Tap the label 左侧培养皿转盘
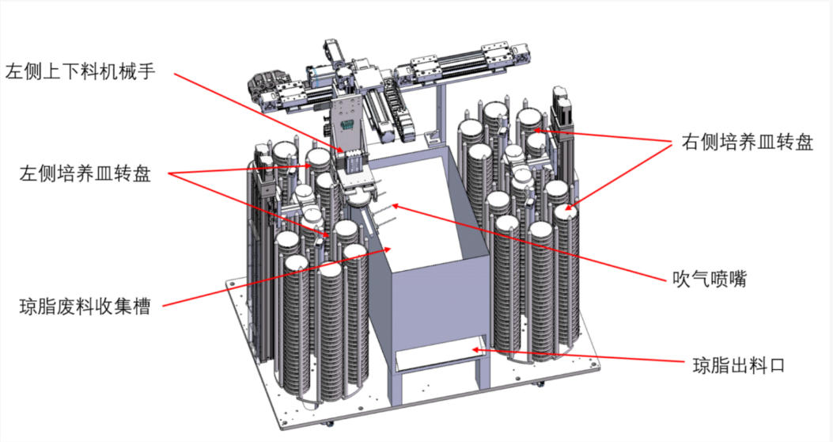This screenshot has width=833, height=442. pyautogui.click(x=85, y=173)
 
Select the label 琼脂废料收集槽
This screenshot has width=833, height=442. pyautogui.click(x=85, y=307)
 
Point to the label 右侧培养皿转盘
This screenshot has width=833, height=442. pyautogui.click(x=748, y=143)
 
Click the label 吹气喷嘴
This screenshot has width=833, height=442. pyautogui.click(x=710, y=279)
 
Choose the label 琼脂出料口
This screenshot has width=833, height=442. pyautogui.click(x=739, y=365)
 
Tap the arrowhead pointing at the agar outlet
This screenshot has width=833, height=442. pyautogui.click(x=476, y=350)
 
